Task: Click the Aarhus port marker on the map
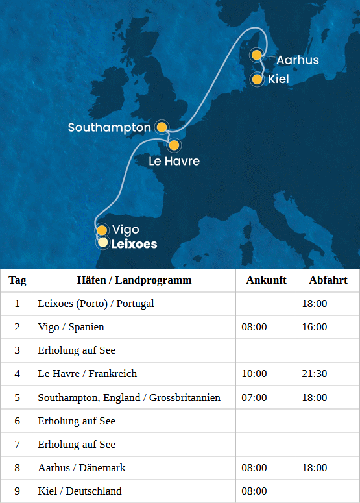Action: point(257,55)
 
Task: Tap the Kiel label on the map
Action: point(278,80)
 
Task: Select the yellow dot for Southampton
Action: point(162,127)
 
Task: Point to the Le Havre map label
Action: point(174,161)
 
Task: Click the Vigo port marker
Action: point(102,230)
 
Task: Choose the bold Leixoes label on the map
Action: point(134,244)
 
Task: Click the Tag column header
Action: point(18,280)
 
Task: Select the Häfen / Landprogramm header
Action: point(134,280)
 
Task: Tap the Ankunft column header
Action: point(266,280)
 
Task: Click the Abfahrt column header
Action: point(328,280)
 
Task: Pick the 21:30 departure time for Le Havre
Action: point(315,374)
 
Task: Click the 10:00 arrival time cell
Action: point(254,374)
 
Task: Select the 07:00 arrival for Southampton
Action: point(254,397)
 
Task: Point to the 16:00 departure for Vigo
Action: point(315,327)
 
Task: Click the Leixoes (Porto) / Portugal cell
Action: point(96,304)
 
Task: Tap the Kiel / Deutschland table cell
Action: point(80,491)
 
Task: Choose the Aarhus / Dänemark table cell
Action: point(82,467)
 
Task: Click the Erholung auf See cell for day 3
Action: point(77,350)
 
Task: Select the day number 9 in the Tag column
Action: point(18,491)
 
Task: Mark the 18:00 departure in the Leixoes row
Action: point(315,304)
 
